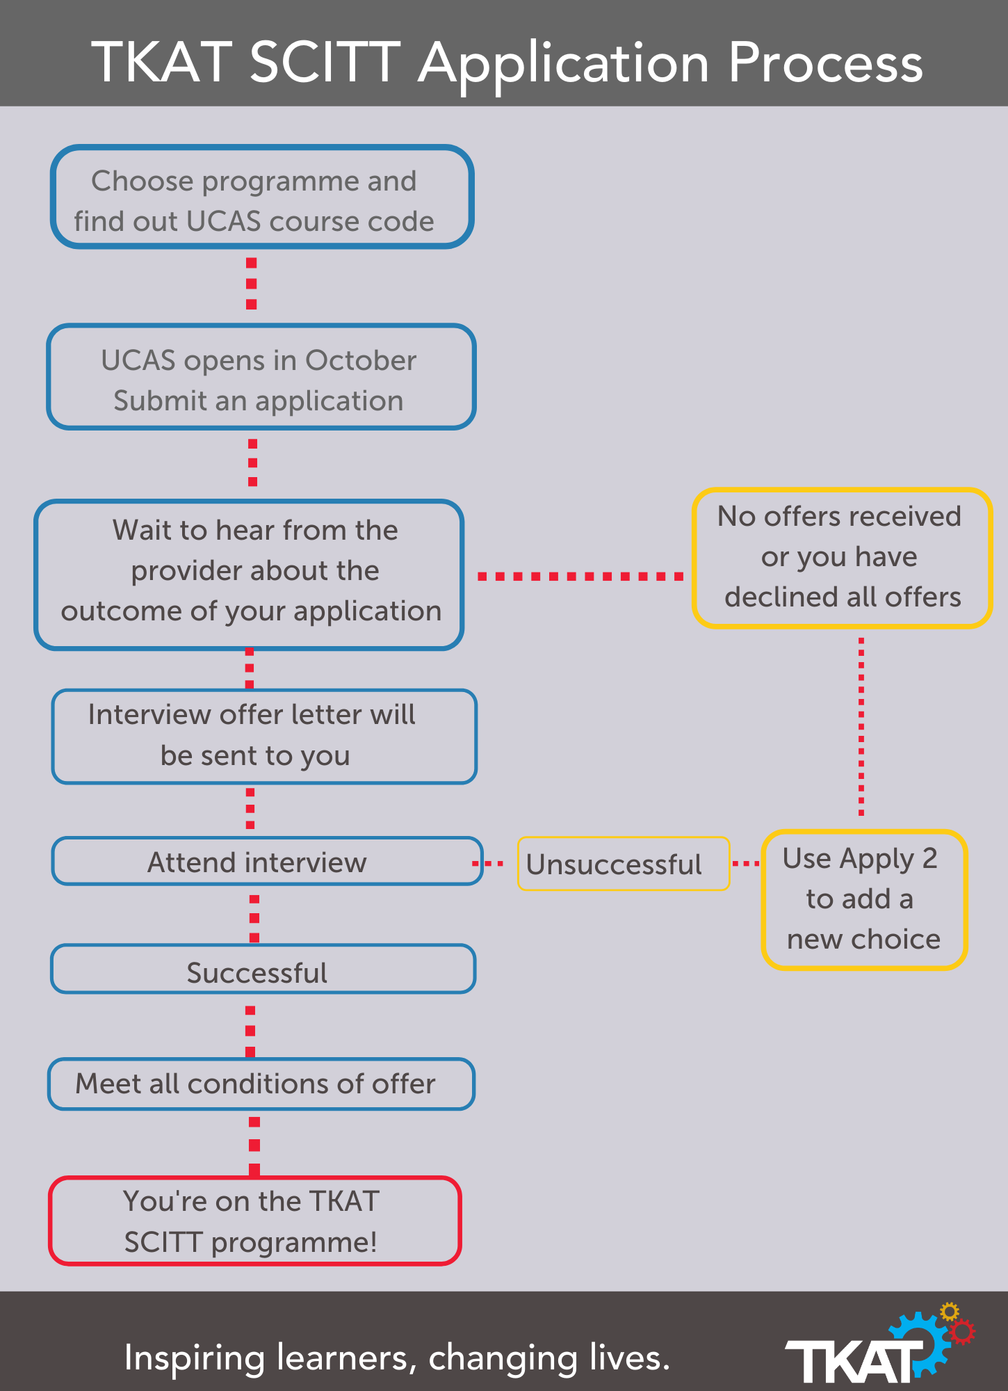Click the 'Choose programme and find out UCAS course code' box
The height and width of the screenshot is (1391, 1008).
point(261,198)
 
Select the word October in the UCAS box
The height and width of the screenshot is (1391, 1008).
point(360,360)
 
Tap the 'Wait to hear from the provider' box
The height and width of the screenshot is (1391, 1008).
point(249,574)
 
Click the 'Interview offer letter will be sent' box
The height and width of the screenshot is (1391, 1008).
point(264,736)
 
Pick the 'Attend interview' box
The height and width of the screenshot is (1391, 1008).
point(267,862)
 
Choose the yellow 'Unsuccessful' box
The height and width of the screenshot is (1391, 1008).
point(623,864)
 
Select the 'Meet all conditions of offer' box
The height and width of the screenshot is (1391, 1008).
point(261,1084)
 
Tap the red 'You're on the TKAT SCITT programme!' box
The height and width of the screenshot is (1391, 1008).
point(254,1221)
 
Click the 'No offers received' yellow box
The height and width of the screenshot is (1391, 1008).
point(841,558)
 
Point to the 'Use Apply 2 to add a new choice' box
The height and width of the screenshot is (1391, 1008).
point(863,899)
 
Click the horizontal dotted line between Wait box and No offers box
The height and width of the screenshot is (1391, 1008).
point(580,577)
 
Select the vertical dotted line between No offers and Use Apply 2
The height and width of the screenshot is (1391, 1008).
point(861,727)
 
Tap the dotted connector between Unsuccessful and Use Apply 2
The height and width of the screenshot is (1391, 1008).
point(746,863)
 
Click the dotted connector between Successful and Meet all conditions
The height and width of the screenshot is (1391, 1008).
point(250,1031)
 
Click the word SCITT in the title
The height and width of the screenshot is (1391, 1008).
point(325,63)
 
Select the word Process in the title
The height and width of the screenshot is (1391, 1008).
point(825,63)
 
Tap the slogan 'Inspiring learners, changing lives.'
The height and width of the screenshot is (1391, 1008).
point(397,1357)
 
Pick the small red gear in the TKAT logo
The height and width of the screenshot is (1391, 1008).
point(962,1333)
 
